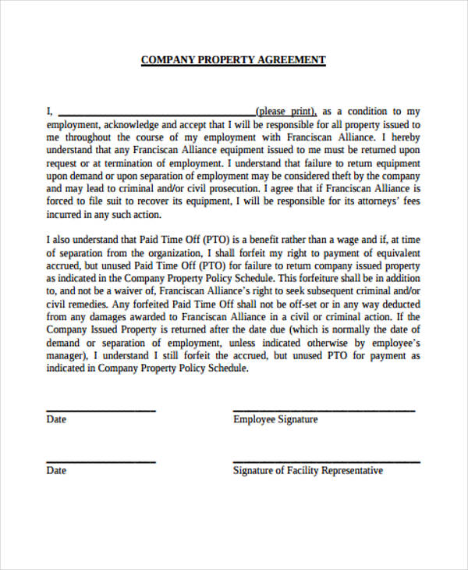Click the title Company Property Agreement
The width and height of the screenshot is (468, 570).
233,60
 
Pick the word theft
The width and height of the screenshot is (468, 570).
347,176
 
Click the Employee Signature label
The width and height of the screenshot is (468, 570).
275,419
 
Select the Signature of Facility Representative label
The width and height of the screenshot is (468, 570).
308,471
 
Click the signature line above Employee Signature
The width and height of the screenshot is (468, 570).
324,410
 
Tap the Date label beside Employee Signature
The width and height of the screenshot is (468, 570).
56,419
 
